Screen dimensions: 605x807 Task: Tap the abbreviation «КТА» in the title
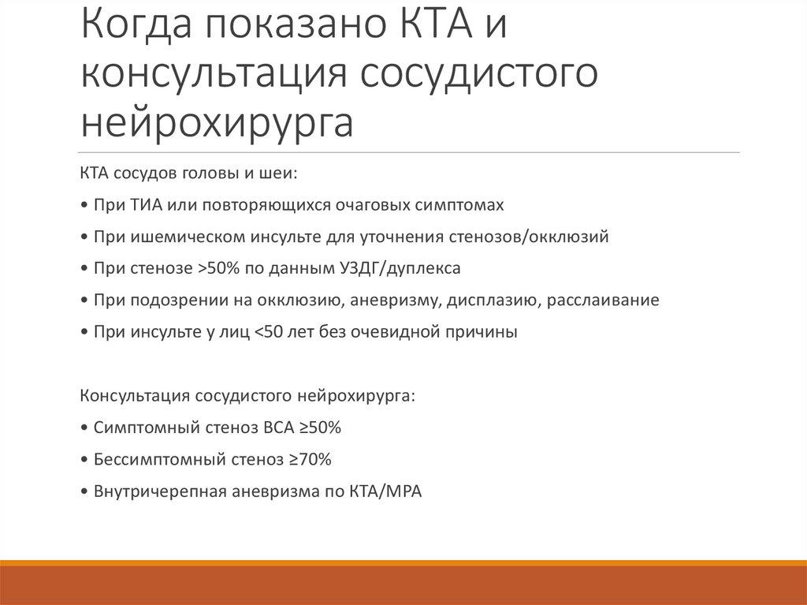[430, 29]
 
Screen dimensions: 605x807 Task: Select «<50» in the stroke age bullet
[268, 332]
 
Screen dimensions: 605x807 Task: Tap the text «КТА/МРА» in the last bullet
[385, 491]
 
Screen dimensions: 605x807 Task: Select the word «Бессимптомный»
[148, 459]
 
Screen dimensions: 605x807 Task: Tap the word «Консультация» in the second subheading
[132, 396]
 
